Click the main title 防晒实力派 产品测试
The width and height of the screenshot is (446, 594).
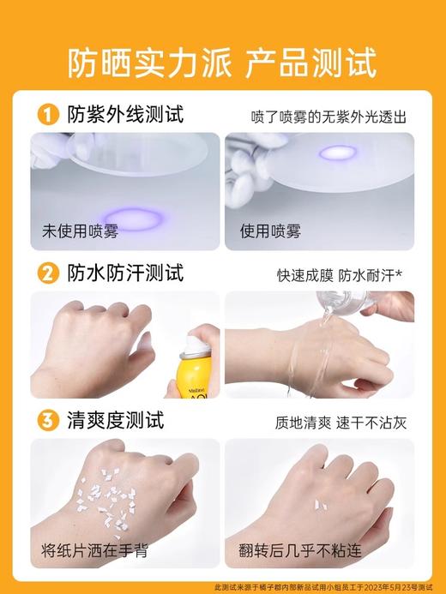pos(222,63)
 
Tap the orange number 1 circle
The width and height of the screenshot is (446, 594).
pos(49,114)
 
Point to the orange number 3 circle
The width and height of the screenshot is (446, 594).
pos(49,421)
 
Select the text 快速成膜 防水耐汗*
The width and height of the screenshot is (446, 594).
pos(341,276)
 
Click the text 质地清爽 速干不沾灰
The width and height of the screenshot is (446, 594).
pos(341,423)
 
